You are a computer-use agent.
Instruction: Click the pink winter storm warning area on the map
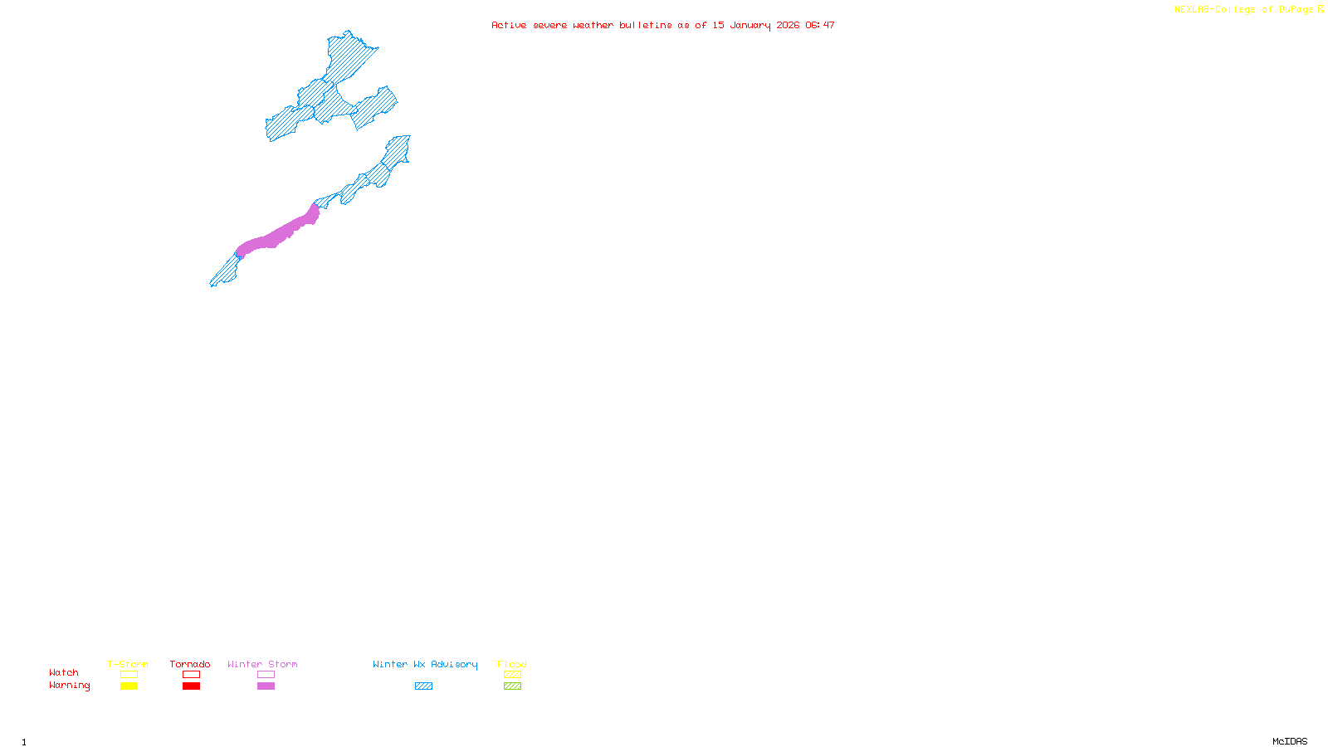coord(278,233)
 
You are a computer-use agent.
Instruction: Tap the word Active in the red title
coord(508,25)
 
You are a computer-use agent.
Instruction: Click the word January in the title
coord(749,25)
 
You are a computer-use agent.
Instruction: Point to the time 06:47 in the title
coord(819,25)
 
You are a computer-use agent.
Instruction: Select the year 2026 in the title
coord(788,25)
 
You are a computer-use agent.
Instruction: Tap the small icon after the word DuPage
coord(1321,9)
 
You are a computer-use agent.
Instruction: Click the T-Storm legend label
coord(128,664)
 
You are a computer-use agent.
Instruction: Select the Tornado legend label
coord(190,664)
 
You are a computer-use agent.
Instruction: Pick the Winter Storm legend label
coord(262,664)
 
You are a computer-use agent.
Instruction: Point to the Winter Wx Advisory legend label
coord(425,664)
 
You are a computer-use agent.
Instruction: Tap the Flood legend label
coord(512,664)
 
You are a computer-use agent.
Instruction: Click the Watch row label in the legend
coord(64,672)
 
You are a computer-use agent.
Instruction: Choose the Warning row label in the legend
coord(69,686)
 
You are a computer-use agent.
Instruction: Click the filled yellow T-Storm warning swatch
coord(129,686)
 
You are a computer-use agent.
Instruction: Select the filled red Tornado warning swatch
coord(191,686)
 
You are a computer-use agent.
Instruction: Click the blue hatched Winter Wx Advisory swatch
coord(423,686)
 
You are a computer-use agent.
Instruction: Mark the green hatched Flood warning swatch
coord(512,686)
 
